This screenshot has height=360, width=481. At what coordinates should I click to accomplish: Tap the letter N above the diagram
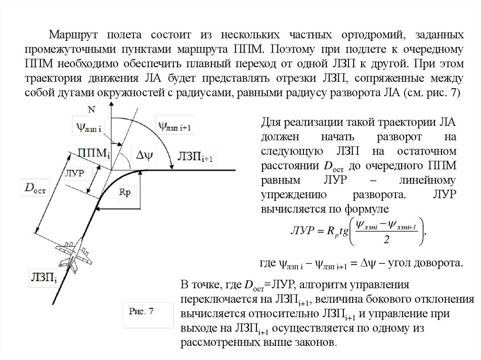coord(92,109)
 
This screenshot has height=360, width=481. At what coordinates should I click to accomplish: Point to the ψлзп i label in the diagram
coord(91,126)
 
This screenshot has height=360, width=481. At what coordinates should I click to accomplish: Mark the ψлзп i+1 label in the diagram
coord(174,126)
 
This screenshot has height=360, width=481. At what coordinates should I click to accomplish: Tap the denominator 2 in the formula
coord(386,239)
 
